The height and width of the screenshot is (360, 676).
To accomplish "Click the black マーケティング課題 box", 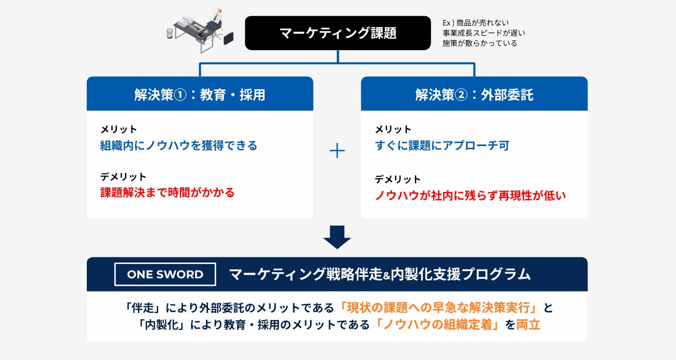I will tap(338, 33).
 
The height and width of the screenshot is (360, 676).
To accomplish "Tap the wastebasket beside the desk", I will tap(170, 34).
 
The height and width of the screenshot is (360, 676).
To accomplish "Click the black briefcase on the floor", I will tap(228, 37).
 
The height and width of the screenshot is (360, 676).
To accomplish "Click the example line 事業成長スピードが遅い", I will tap(484, 33).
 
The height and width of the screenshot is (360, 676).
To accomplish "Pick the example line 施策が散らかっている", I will tap(480, 43).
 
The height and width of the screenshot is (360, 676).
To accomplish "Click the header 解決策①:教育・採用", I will tap(200, 94).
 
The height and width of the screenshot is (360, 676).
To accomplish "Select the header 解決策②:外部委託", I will tap(474, 94).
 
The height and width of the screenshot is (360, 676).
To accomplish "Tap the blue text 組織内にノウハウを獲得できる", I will tap(179, 146).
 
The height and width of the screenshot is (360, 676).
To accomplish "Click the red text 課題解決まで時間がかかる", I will tap(168, 193).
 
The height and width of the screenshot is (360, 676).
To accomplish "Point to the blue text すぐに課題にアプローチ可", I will tap(442, 146).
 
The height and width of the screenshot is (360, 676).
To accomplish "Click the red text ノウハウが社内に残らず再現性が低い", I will tap(471, 195).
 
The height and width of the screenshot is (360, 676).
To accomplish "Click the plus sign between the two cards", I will tap(337, 151).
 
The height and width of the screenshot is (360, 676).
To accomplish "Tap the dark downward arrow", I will tap(337, 237).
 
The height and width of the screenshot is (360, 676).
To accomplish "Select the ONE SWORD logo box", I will tap(165, 274).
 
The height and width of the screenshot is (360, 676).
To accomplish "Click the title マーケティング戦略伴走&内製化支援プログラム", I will tap(380, 274).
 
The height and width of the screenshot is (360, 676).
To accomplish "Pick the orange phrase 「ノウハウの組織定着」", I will tap(437, 325).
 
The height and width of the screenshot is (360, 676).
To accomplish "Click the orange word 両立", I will tap(528, 325).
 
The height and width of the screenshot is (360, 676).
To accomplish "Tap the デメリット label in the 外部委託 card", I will tap(398, 179).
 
